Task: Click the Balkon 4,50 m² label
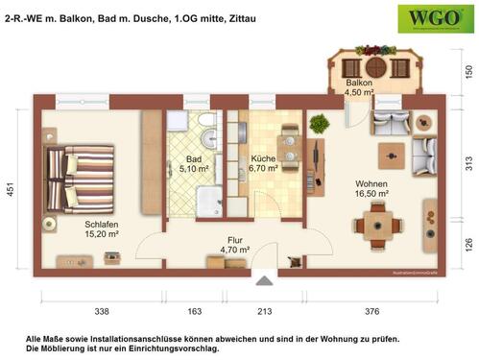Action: (x=361, y=87)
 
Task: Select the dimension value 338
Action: (x=102, y=311)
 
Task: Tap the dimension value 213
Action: (x=265, y=311)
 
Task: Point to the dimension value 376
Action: (x=372, y=311)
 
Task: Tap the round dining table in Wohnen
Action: (x=382, y=228)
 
